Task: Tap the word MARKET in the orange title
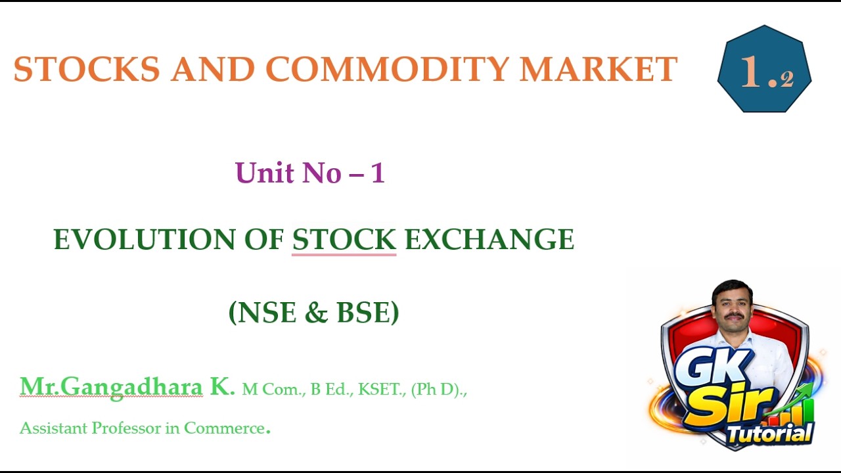(x=598, y=70)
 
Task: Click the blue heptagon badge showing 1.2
(x=764, y=70)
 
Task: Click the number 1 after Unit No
(x=377, y=173)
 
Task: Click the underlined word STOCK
(x=344, y=240)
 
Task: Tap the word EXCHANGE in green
(x=489, y=240)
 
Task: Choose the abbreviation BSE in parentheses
(x=363, y=313)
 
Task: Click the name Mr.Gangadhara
(x=111, y=387)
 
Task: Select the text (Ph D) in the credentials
(x=436, y=390)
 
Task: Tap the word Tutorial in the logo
(x=769, y=434)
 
